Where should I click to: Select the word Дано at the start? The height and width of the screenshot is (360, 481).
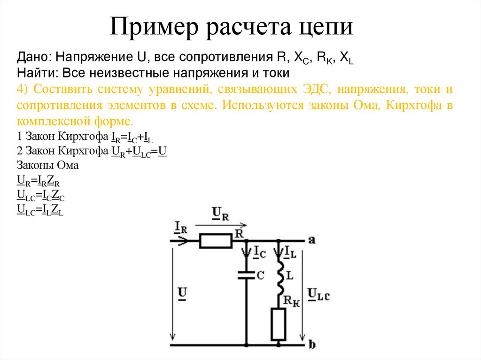(x=33, y=58)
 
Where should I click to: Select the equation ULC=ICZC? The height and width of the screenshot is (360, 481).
(x=40, y=195)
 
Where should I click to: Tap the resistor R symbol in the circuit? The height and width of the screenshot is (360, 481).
(x=216, y=241)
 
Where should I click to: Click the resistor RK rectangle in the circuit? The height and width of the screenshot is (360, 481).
(x=279, y=324)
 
